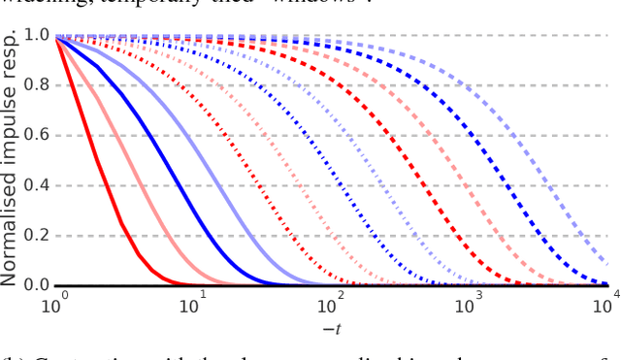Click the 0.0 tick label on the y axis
tap(36, 284)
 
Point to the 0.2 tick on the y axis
tap(36, 235)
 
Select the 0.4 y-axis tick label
tap(36, 184)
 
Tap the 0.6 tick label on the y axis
tap(36, 135)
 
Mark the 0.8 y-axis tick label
tap(36, 84)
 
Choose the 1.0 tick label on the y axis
tap(36, 35)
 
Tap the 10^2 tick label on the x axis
tap(330, 307)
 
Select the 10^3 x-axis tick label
tap(469, 307)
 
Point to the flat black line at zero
tap(388, 285)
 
